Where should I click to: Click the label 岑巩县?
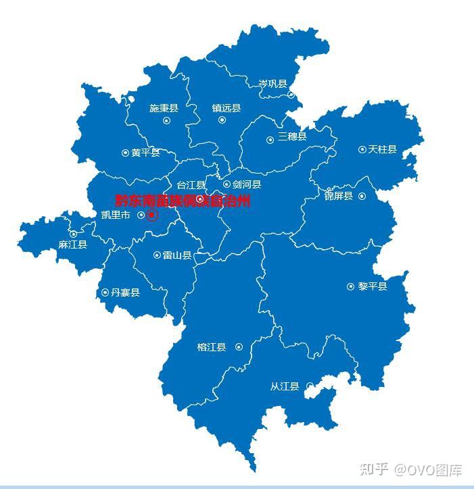pos(272,84)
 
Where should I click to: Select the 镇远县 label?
pos(226,108)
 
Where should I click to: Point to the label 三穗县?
pos(291,136)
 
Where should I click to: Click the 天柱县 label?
pos(382,149)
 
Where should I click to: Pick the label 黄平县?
pos(145,153)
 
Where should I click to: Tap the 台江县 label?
pos(191,185)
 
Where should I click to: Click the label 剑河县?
pos(246,184)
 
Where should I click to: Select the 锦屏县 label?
pos(338,197)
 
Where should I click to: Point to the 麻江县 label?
pos(72,244)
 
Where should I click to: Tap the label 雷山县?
pos(176,256)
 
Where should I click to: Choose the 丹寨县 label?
pos(125,292)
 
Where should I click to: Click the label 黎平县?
pos(373,286)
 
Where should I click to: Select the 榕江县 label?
pos(211,347)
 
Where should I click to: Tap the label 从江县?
pos(284,387)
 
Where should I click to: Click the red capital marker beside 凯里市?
pos(151,215)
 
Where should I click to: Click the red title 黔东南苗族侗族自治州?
pos(183,201)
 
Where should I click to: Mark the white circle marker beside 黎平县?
pos(350,286)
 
